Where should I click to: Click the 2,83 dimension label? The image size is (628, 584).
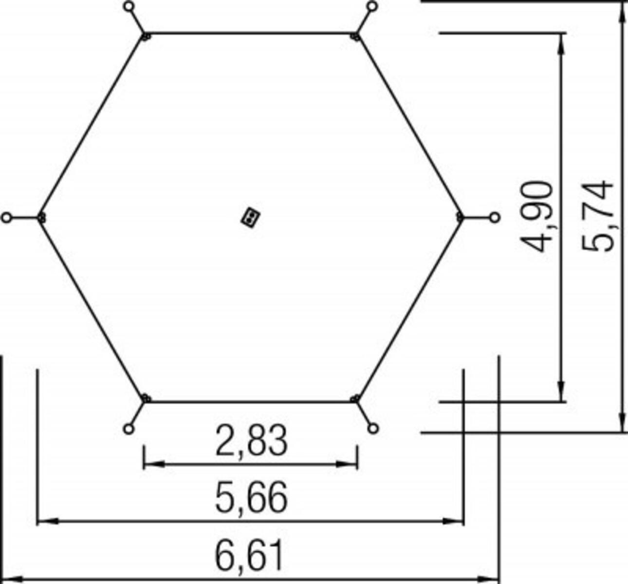[251, 441]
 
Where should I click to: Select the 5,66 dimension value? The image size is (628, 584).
[251, 497]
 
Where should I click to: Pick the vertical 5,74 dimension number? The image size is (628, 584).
[597, 216]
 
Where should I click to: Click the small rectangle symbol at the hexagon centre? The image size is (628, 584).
[250, 217]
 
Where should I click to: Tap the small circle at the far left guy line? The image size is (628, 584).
[6, 218]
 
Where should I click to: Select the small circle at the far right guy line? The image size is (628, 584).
[495, 218]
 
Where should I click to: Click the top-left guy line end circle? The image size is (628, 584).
[129, 6]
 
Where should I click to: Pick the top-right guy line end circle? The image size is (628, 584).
[373, 6]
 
